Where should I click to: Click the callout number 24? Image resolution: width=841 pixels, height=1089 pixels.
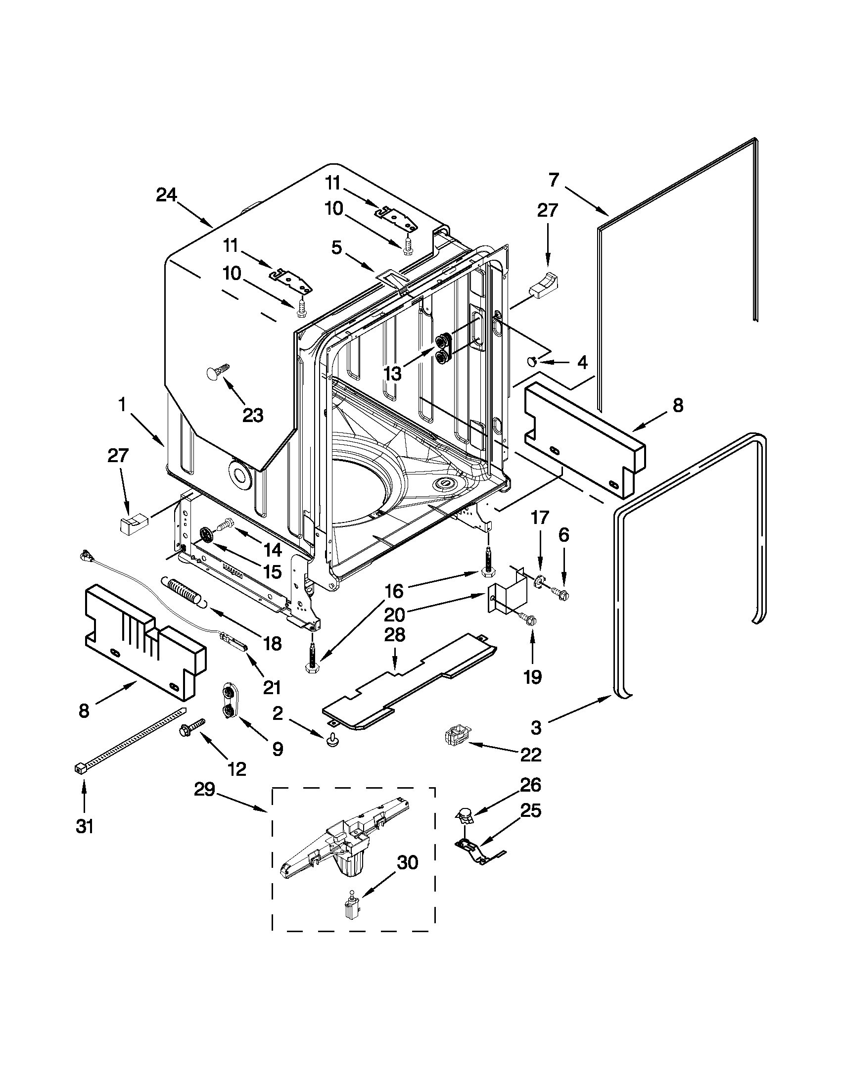tap(167, 195)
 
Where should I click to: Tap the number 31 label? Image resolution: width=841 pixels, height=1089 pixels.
tap(85, 826)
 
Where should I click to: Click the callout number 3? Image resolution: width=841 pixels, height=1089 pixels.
tap(536, 727)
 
